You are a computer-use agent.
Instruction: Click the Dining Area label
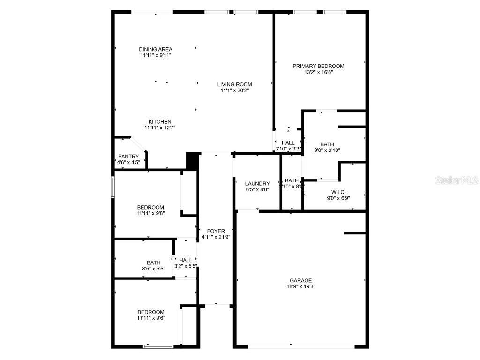click(156, 49)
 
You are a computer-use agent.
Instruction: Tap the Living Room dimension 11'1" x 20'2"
click(234, 90)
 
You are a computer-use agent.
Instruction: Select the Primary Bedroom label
click(318, 66)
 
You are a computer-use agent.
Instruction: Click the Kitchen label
click(160, 121)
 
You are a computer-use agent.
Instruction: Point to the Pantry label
click(128, 157)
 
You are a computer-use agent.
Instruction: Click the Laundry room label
click(257, 183)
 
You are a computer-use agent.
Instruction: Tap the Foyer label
click(216, 231)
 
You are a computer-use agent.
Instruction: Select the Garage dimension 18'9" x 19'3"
click(300, 286)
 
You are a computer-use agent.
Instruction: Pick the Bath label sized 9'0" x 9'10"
click(327, 144)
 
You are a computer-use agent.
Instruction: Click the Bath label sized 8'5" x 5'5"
click(153, 263)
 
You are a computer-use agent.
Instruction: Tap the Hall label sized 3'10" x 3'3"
click(288, 143)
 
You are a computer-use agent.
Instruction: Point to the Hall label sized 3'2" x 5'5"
click(186, 260)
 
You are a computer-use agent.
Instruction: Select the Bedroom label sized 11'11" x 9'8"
click(150, 207)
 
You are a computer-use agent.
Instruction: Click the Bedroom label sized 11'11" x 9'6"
click(150, 312)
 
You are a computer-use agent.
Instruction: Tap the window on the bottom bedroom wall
click(158, 346)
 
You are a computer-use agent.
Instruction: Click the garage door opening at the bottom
click(301, 346)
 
